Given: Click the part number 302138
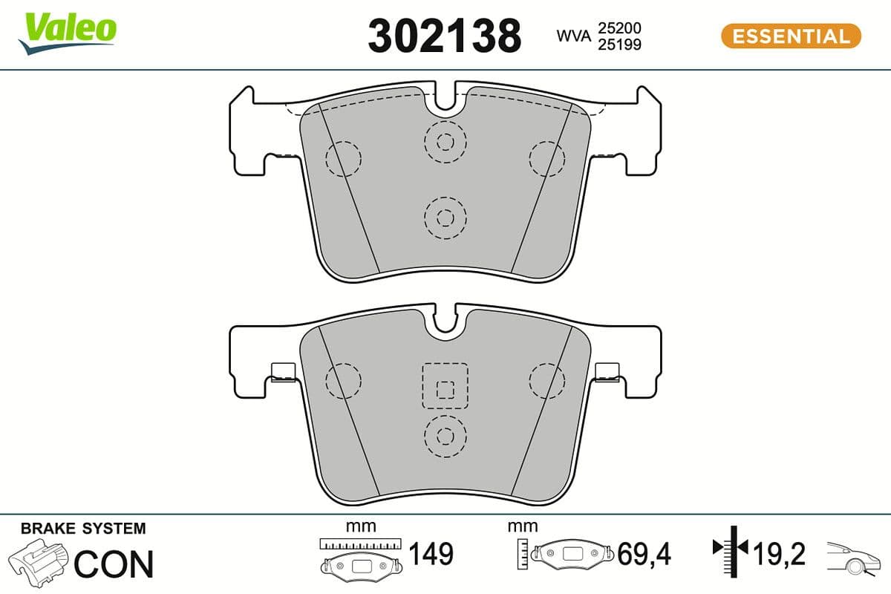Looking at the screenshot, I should pos(444,36).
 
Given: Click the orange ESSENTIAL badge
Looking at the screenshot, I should pos(791,36).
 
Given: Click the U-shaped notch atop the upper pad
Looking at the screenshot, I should pos(446,98).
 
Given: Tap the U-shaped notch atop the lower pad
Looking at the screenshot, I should pos(446,319).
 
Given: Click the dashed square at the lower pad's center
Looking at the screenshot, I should pos(445,386).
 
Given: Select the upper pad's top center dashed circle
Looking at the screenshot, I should pos(445,141).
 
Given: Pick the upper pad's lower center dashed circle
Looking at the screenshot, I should pos(445,218).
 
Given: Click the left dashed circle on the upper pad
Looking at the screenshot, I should pos(343,157).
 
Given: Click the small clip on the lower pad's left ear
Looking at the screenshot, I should pos(283,372).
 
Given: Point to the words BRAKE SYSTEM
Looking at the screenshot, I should pos(83,529).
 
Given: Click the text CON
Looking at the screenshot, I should pos(114,564).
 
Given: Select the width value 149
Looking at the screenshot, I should pos(431,553).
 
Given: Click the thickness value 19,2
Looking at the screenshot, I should pos(779,553).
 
